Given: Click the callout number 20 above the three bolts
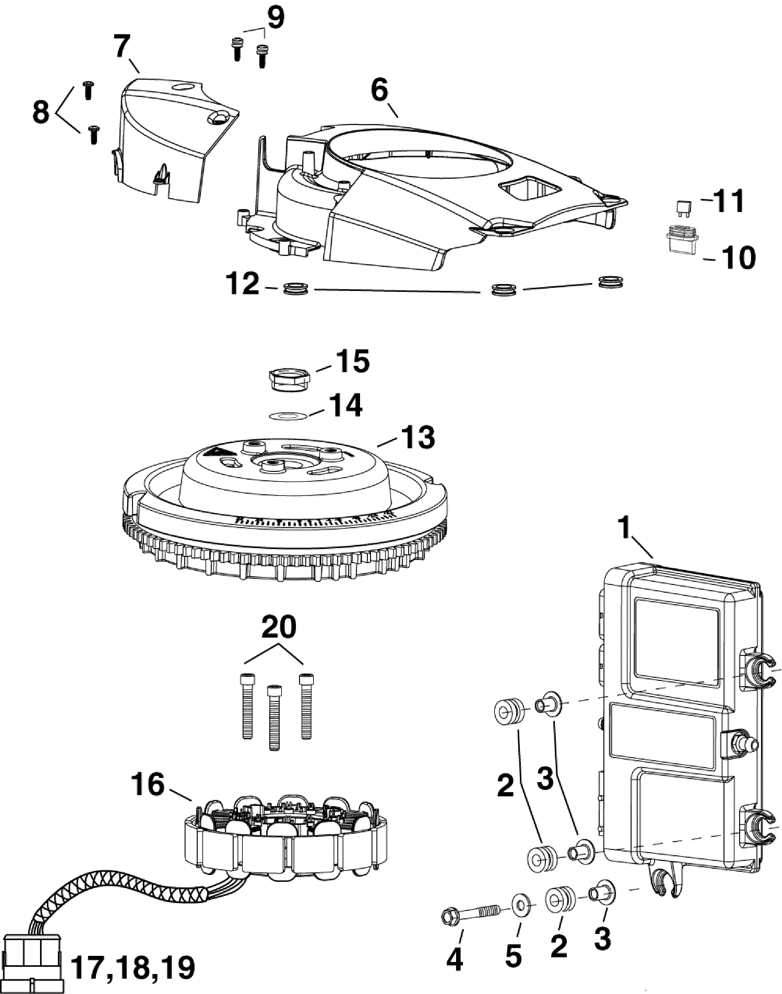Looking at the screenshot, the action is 278,628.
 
